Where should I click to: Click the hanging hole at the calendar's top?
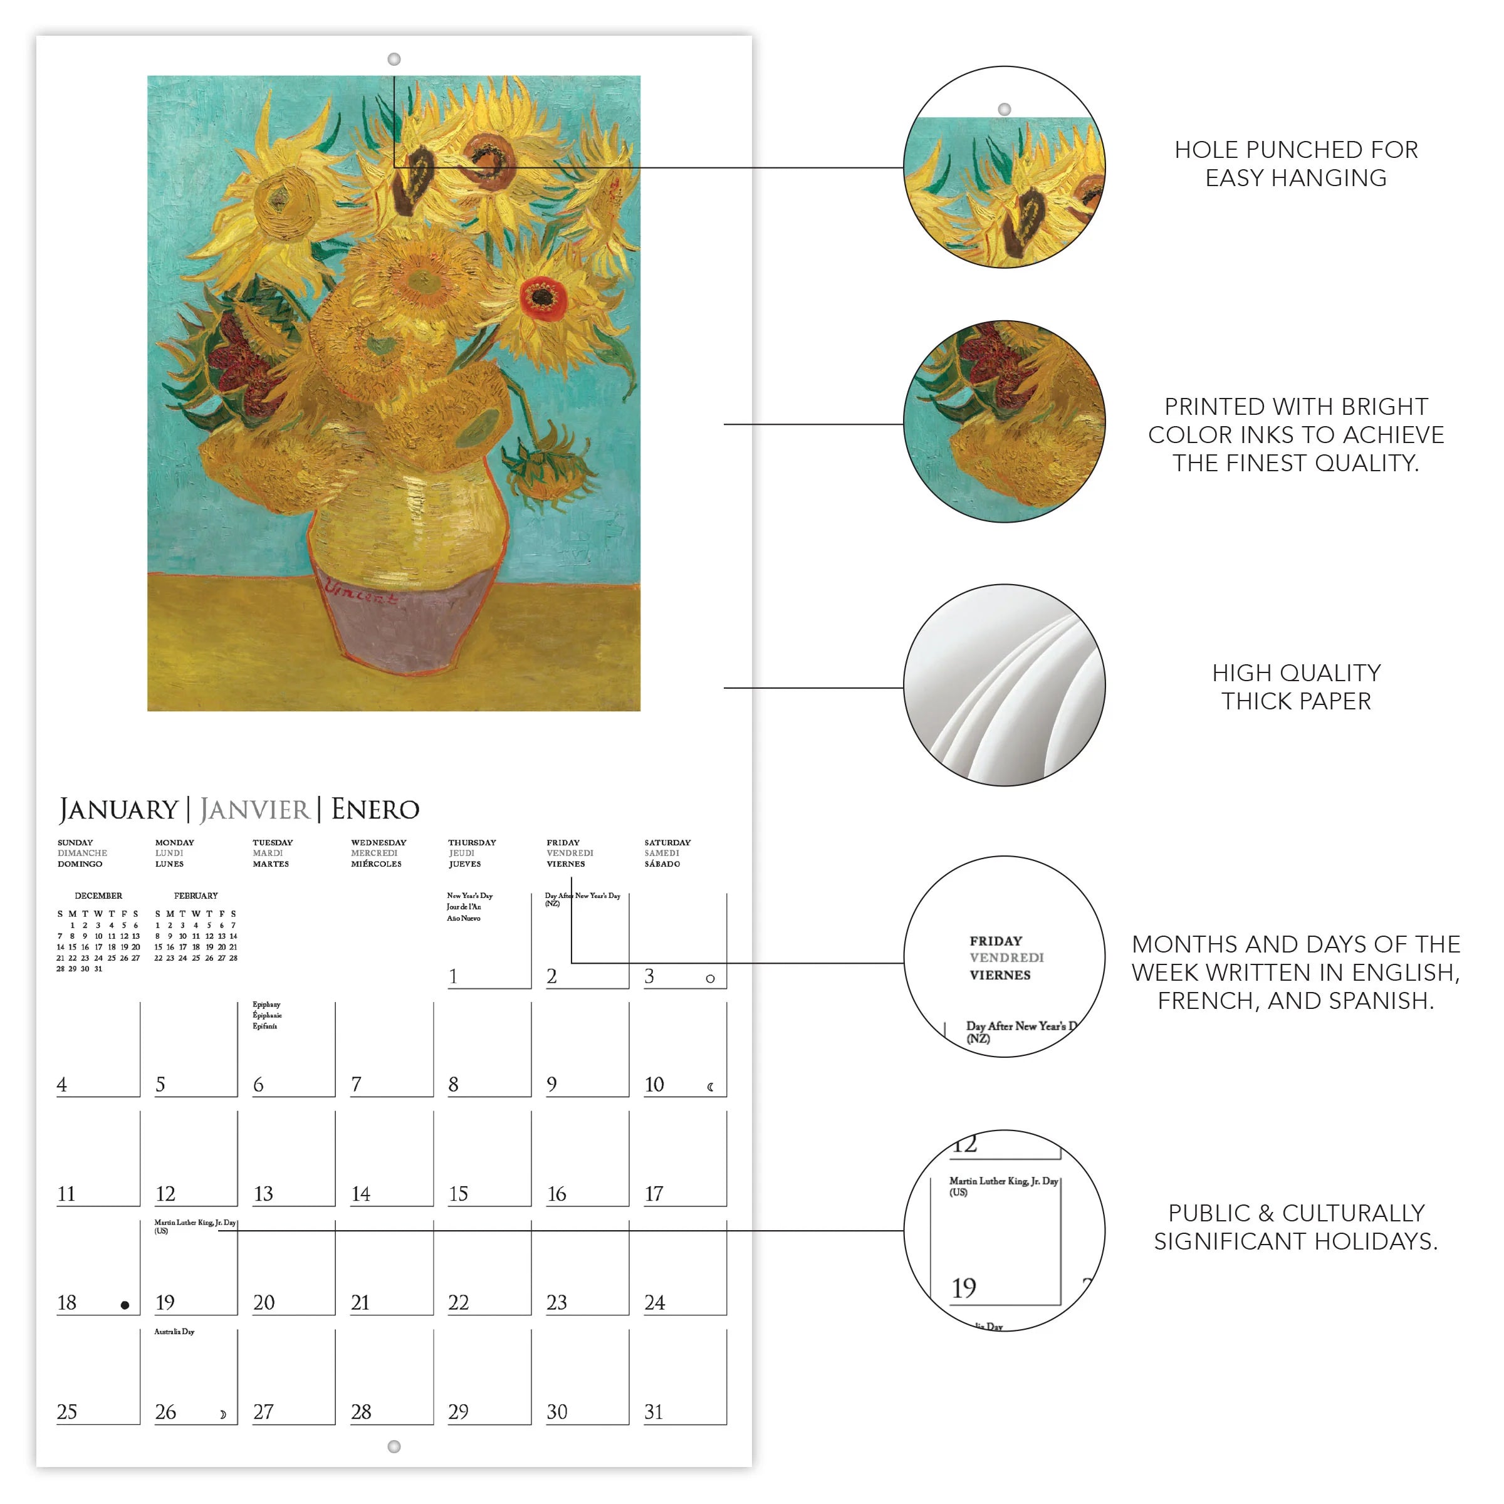pyautogui.click(x=394, y=59)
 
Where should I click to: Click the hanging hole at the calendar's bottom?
pyautogui.click(x=394, y=1446)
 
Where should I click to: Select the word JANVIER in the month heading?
pyautogui.click(x=254, y=810)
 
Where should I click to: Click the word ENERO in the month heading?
pyautogui.click(x=375, y=810)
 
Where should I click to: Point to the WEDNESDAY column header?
pyautogui.click(x=379, y=842)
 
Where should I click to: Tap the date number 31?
pyautogui.click(x=654, y=1411)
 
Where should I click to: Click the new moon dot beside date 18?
pyautogui.click(x=125, y=1305)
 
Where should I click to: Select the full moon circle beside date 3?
pyautogui.click(x=710, y=978)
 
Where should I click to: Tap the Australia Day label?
pyautogui.click(x=174, y=1331)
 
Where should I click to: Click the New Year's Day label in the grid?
pyautogui.click(x=469, y=896)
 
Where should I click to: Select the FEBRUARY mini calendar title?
pyautogui.click(x=196, y=896)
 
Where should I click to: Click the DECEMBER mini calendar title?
pyautogui.click(x=98, y=896)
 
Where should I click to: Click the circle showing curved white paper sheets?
pyautogui.click(x=1004, y=685)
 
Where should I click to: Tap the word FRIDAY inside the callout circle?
pyautogui.click(x=996, y=941)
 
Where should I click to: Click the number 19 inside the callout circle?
pyautogui.click(x=964, y=1288)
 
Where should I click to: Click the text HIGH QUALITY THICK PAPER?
pyautogui.click(x=1296, y=687)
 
